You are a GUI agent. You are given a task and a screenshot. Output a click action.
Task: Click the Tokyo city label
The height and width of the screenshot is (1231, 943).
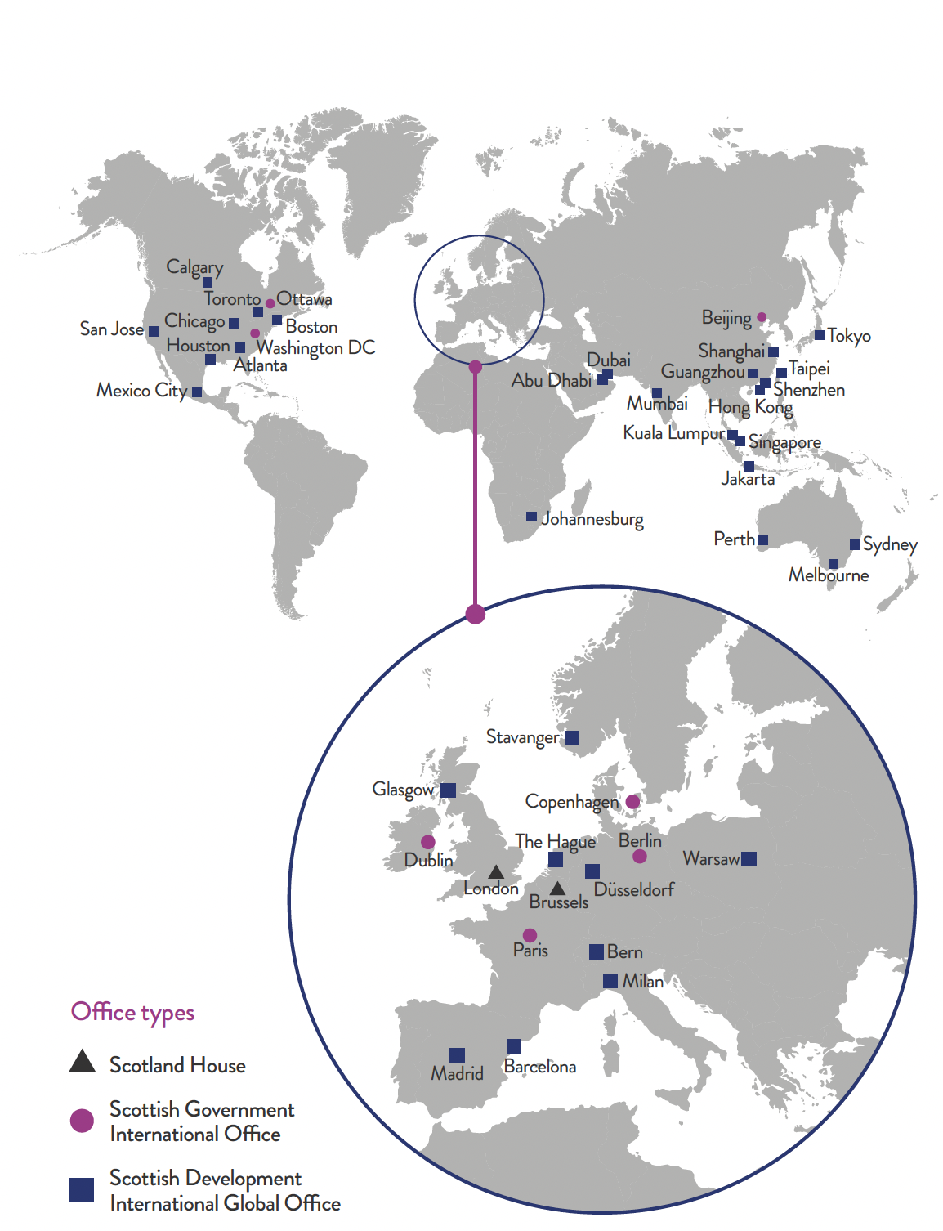coord(849,336)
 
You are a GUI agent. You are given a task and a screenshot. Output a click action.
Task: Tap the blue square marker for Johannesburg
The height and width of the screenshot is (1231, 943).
coord(531,517)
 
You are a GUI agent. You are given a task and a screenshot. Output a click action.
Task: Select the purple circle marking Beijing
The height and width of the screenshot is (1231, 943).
coord(762,317)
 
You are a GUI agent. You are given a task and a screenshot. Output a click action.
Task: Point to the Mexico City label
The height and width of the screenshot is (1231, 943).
coord(141,391)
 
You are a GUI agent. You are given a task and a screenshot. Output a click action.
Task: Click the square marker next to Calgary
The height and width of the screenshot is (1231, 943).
coord(208,283)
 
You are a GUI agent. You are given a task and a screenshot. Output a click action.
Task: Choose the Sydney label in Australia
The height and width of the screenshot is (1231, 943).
coord(890,544)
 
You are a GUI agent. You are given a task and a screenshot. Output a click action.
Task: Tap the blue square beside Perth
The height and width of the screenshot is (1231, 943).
coord(763,539)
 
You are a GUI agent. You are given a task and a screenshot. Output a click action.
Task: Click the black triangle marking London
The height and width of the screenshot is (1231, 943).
coord(496,872)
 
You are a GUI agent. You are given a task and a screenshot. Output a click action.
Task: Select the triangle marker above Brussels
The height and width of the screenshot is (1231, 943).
coord(557,888)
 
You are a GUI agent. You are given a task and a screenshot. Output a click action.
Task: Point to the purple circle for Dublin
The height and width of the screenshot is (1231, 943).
coord(427,842)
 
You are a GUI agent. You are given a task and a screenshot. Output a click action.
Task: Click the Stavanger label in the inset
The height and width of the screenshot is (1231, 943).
coord(522,737)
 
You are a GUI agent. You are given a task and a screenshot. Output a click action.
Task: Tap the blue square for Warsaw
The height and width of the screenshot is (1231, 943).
coord(749,858)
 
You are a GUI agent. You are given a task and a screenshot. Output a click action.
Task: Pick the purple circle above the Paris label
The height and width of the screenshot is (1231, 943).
coord(530,935)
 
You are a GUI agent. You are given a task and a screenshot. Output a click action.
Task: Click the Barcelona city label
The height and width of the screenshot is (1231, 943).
coord(539,1067)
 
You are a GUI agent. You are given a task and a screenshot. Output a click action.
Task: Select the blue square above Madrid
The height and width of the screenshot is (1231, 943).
coord(458,1055)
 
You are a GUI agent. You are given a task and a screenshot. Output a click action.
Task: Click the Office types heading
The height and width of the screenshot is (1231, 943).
coord(132,1013)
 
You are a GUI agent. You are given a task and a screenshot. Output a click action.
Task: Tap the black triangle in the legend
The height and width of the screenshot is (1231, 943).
coord(82,1062)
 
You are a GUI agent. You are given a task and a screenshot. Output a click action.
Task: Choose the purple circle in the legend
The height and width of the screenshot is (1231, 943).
coord(82,1121)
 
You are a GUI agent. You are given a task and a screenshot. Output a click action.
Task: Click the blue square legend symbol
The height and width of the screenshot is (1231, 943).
coord(82,1190)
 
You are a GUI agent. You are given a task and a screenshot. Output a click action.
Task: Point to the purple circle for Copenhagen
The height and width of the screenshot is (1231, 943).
coord(632,802)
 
